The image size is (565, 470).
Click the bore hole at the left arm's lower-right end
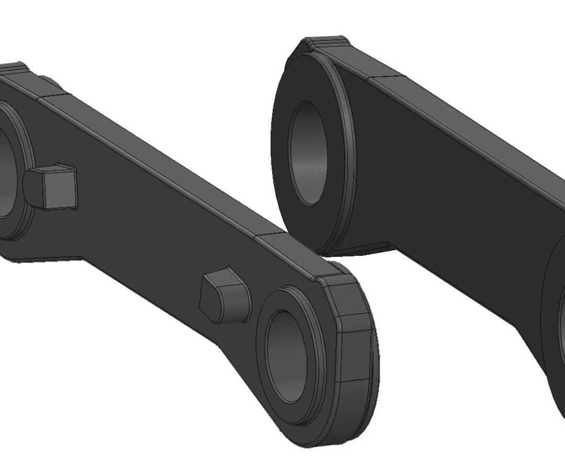pos(287,355)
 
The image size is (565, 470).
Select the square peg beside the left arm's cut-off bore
pos(52,186)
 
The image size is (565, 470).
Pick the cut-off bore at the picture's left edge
pos(6,172)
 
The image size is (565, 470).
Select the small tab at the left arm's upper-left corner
pos(13,68)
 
